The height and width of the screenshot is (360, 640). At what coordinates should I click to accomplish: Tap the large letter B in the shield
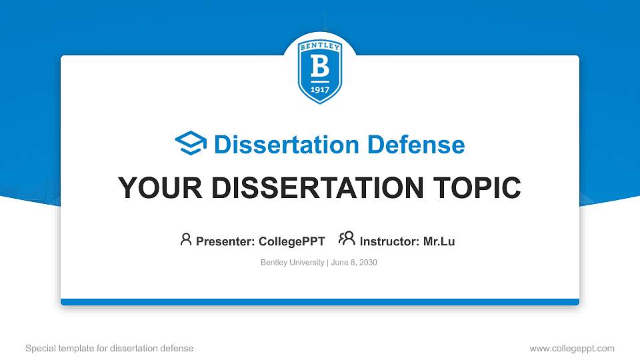tap(320, 67)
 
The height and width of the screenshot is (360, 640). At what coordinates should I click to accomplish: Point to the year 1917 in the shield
tap(320, 90)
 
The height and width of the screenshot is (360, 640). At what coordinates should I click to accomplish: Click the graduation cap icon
tap(191, 143)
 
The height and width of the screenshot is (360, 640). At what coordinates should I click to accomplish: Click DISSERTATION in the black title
tap(317, 188)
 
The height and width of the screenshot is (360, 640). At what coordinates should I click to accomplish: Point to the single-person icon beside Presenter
tap(186, 239)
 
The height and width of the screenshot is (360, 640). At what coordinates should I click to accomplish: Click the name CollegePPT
tap(291, 241)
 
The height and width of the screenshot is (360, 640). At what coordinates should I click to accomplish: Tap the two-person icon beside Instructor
tap(347, 239)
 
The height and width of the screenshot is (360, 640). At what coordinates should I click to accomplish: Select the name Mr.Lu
tap(439, 241)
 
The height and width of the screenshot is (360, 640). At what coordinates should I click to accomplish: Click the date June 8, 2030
tap(354, 263)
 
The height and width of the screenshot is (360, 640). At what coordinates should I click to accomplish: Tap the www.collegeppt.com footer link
tap(572, 348)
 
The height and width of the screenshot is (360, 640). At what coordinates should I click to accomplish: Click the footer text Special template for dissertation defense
tap(109, 348)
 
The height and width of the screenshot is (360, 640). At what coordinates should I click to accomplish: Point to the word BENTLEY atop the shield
tap(320, 47)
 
